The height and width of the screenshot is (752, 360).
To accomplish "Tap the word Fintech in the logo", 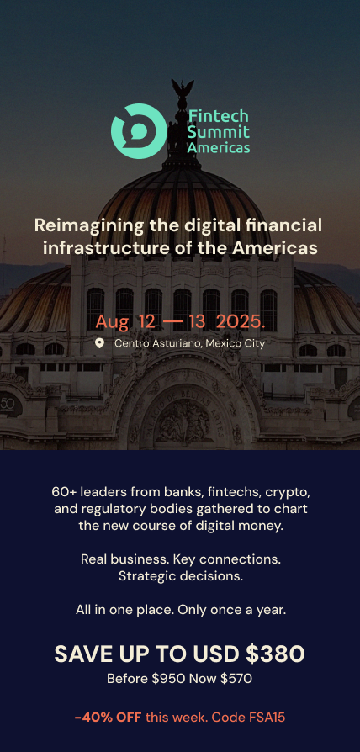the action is [x=219, y=115].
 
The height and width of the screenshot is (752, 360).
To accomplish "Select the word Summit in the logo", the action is [x=219, y=131].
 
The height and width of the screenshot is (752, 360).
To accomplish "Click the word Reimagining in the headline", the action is [x=89, y=226].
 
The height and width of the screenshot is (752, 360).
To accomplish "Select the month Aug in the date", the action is [x=112, y=322].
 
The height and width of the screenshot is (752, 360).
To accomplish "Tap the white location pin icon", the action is [x=100, y=343].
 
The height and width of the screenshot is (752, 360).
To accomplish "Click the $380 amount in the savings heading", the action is [x=275, y=654].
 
